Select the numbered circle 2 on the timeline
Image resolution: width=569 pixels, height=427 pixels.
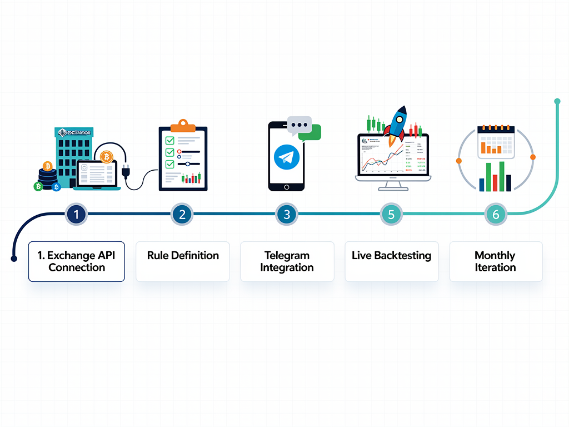coord(182,213)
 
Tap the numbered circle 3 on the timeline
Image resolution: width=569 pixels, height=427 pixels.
coord(287,213)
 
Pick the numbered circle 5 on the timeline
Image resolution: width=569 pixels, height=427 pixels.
coord(391,213)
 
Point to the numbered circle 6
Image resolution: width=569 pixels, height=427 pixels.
coord(496,213)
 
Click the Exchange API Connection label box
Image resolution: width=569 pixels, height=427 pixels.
coord(77,261)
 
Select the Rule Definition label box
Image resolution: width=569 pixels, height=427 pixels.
coord(183,261)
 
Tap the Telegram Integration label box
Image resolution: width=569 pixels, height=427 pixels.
coord(287,261)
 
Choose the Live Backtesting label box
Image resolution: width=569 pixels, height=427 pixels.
coord(392,261)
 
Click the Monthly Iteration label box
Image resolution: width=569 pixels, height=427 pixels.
coord(496,261)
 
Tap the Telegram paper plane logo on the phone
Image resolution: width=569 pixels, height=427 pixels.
coord(287,158)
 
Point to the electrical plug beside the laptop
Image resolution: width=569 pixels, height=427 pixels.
coord(126,169)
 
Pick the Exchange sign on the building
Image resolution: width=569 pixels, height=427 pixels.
coord(74,132)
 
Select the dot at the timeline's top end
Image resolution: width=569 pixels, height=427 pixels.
coord(557,101)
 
